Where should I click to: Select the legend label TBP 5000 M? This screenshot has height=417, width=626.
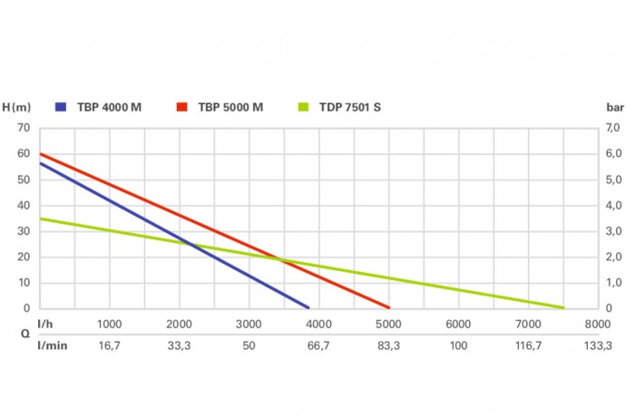232,107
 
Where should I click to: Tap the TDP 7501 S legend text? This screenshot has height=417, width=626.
351,107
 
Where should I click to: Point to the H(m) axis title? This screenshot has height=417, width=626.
16,107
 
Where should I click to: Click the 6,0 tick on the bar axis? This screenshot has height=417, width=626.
613,154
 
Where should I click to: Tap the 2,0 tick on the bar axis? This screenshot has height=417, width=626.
613,257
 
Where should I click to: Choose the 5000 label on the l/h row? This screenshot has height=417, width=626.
387,325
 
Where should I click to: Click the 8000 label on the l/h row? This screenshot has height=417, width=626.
597,325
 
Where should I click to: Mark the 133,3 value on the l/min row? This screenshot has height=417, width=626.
597,345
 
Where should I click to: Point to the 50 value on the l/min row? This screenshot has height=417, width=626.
249,345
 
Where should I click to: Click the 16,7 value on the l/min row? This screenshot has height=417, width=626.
109,345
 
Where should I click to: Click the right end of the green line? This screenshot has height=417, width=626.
562,307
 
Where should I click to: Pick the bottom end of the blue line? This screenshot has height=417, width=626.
308,307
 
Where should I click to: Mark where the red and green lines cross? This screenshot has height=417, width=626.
282,261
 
